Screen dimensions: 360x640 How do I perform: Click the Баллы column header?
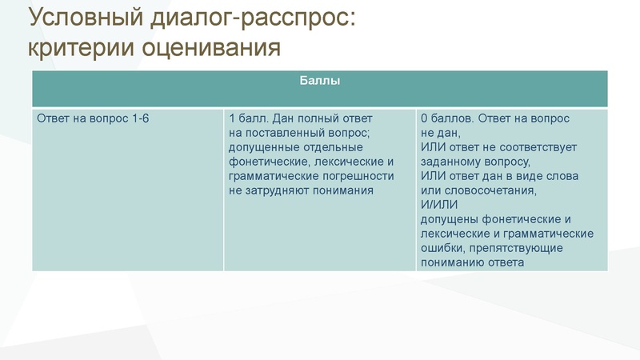pos(319,81)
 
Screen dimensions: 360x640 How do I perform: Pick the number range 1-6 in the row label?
pos(138,118)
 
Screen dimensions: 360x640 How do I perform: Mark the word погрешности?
pos(353,176)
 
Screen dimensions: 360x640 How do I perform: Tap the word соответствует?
pos(537,147)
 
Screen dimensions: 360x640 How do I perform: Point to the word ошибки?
pos(442,248)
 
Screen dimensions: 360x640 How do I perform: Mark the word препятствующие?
pos(523,248)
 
